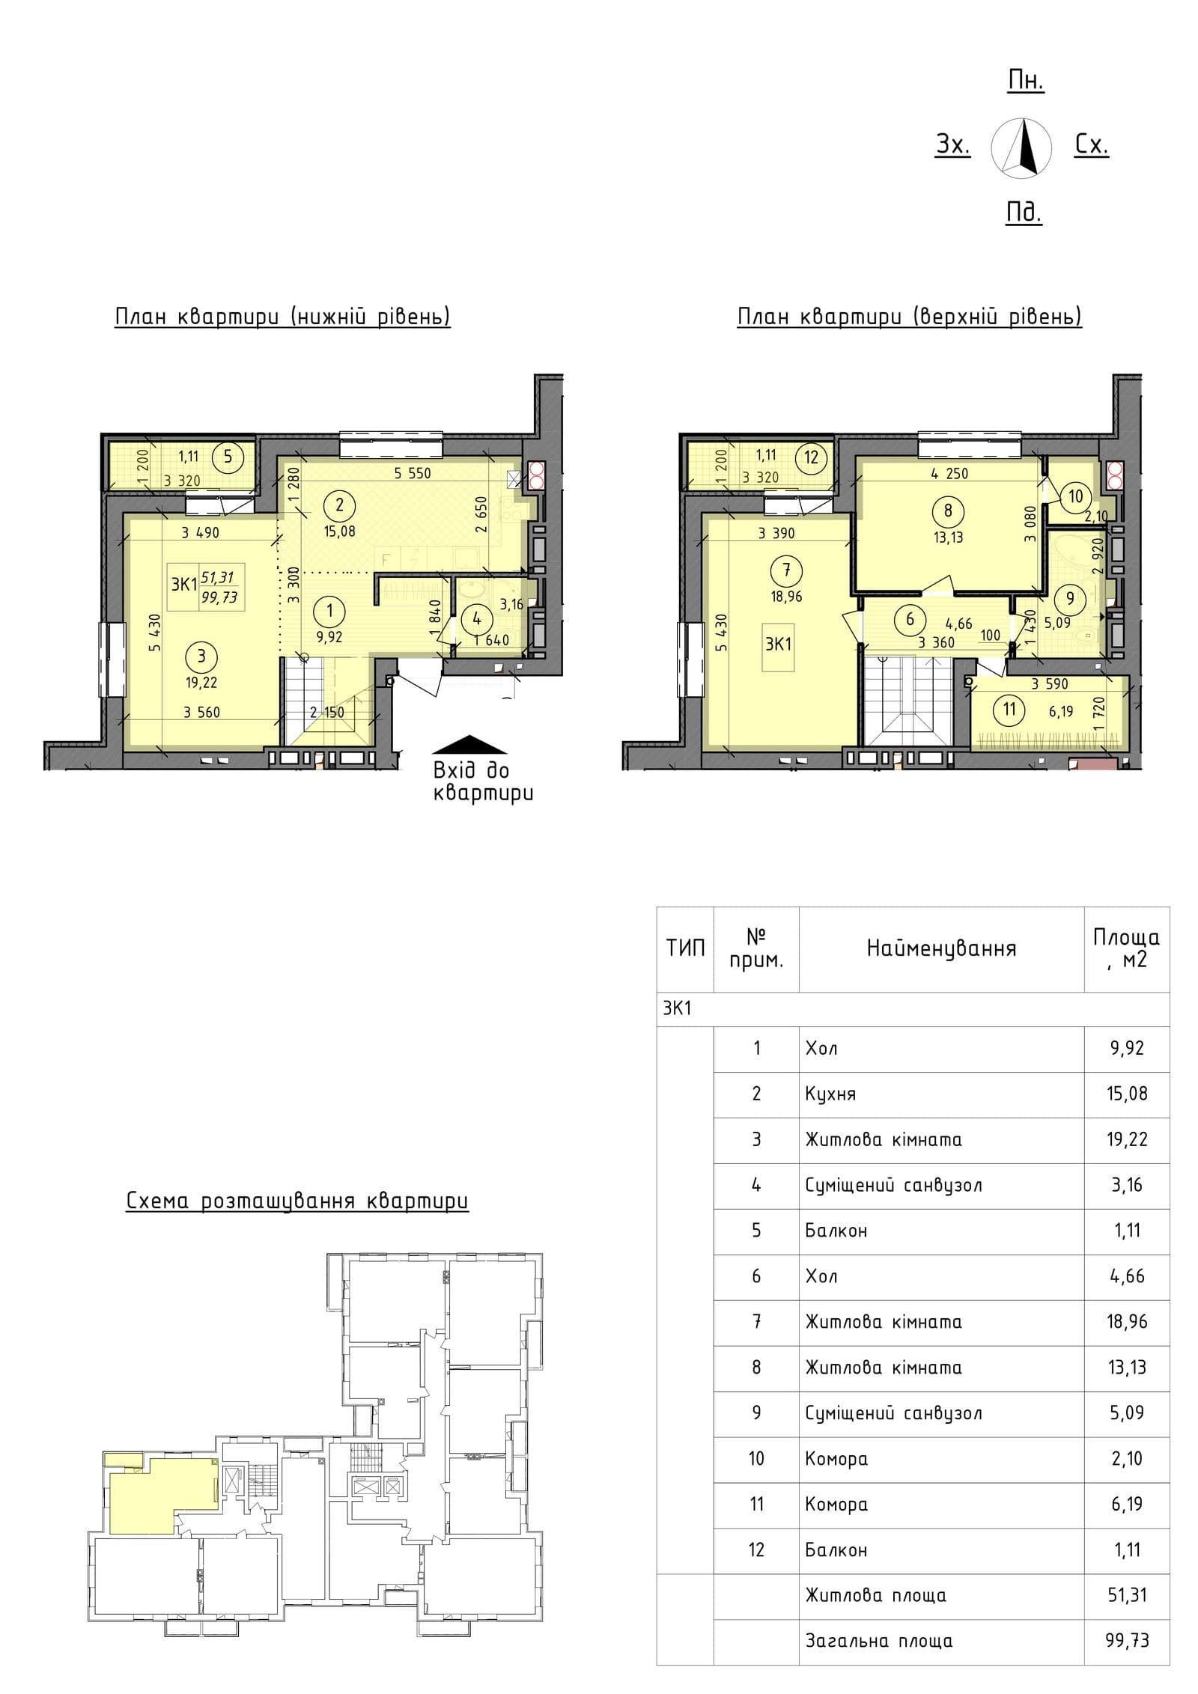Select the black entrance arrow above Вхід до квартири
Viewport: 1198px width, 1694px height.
click(x=471, y=744)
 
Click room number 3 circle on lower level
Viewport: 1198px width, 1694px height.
click(x=201, y=656)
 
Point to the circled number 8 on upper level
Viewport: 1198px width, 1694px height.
click(x=948, y=511)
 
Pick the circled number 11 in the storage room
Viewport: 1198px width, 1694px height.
click(x=1009, y=707)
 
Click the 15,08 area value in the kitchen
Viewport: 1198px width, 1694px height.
click(x=340, y=531)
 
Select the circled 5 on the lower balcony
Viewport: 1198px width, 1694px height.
click(x=228, y=455)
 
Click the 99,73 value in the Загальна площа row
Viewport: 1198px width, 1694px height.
click(x=1127, y=1641)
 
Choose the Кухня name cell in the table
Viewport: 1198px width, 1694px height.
click(x=830, y=1094)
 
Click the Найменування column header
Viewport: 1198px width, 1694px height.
click(x=941, y=948)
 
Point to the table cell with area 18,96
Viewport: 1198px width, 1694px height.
click(x=1127, y=1321)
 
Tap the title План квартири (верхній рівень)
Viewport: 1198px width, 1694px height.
click(x=910, y=317)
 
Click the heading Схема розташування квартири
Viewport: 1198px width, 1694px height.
click(x=297, y=1201)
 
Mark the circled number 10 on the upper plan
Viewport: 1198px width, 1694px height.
click(x=1076, y=496)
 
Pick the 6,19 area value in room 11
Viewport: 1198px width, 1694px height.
click(x=1060, y=712)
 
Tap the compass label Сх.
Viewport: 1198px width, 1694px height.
click(x=1092, y=144)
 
